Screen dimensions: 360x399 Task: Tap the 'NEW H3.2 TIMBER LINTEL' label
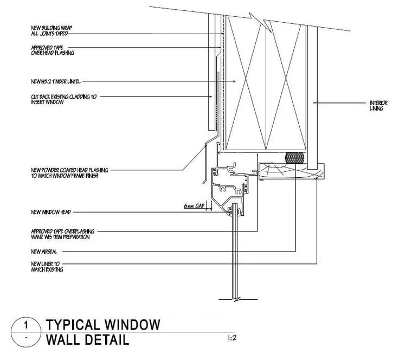click(x=56, y=82)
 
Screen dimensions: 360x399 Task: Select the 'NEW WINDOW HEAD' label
click(x=52, y=211)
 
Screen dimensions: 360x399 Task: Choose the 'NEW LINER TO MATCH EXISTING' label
click(x=48, y=266)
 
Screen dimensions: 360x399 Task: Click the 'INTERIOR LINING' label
click(x=377, y=105)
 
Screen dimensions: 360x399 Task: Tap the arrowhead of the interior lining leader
click(x=313, y=102)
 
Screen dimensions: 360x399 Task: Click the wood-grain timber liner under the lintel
click(x=293, y=173)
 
